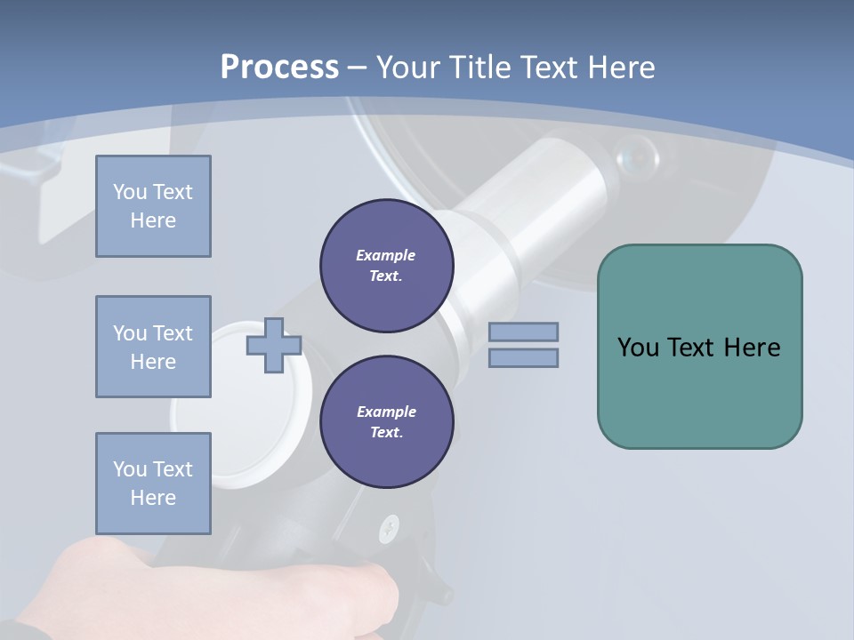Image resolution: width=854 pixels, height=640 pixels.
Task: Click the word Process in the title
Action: [x=279, y=68]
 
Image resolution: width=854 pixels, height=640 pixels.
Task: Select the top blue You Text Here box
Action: [x=153, y=206]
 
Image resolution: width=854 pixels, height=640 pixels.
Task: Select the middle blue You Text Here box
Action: [x=153, y=347]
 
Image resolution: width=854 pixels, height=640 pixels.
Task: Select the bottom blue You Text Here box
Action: [x=153, y=484]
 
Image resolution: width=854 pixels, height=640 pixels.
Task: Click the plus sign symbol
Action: [x=274, y=345]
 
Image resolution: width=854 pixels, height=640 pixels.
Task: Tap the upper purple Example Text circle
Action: [x=386, y=266]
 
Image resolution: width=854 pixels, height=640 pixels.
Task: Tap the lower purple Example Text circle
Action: [x=386, y=422]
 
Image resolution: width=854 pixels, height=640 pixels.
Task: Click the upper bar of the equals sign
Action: [x=523, y=332]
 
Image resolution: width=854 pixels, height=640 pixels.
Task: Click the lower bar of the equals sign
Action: [x=523, y=357]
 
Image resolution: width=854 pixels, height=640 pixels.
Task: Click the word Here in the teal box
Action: [x=752, y=348]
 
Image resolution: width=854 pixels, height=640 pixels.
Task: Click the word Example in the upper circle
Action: [x=385, y=255]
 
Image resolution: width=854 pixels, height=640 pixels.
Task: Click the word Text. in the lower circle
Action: [x=386, y=433]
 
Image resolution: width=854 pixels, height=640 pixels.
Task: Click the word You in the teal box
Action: [x=638, y=348]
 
